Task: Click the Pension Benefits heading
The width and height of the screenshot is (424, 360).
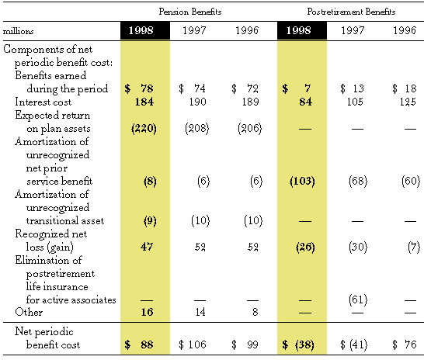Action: pyautogui.click(x=190, y=12)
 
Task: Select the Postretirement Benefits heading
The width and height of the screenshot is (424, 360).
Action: pyautogui.click(x=351, y=12)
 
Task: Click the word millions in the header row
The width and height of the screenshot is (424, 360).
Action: pyautogui.click(x=18, y=31)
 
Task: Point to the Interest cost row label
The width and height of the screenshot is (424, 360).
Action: pyautogui.click(x=43, y=102)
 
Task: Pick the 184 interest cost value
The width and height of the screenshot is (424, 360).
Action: pyautogui.click(x=144, y=102)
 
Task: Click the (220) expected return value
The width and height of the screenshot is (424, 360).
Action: pyautogui.click(x=144, y=128)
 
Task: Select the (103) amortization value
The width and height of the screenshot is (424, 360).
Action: pyautogui.click(x=302, y=181)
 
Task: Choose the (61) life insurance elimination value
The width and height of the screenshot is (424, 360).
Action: pyautogui.click(x=358, y=299)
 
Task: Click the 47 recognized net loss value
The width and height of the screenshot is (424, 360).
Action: pyautogui.click(x=147, y=247)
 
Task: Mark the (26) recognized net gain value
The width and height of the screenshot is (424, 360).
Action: pyautogui.click(x=305, y=247)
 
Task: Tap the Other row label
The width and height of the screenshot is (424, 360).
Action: pyautogui.click(x=29, y=312)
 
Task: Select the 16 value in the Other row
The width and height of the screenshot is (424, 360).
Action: pyautogui.click(x=147, y=312)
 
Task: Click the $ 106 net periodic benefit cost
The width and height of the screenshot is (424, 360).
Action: pyautogui.click(x=193, y=344)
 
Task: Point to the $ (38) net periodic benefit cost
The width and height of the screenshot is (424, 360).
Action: pyautogui.click(x=298, y=345)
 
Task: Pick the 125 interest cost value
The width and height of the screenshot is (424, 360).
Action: pyautogui.click(x=408, y=102)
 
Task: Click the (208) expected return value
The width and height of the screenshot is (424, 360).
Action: pyautogui.click(x=197, y=128)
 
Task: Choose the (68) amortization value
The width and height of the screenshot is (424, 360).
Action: pyautogui.click(x=358, y=181)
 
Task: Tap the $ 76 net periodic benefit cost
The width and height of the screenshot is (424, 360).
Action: pyautogui.click(x=405, y=344)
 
